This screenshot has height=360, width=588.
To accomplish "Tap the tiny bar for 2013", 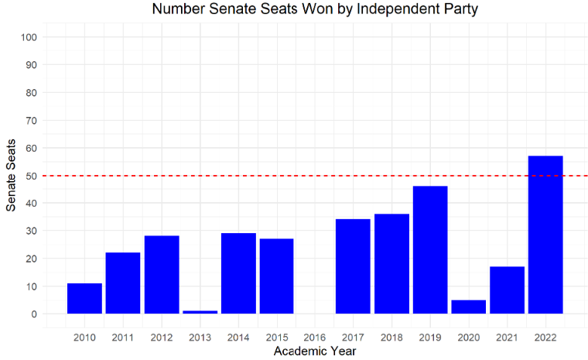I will click(200, 312).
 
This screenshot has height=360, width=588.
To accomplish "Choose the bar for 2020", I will click(468, 307).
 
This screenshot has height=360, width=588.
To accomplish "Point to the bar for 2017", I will click(353, 266).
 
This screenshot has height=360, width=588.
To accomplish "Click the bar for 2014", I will click(238, 273).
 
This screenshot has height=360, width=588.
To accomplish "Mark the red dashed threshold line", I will click(309, 176).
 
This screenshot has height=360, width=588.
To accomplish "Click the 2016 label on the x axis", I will click(315, 338).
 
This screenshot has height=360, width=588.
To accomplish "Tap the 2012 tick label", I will click(162, 338).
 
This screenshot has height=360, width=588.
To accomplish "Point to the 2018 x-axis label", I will click(391, 338).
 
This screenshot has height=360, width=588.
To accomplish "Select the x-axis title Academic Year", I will click(315, 351).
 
